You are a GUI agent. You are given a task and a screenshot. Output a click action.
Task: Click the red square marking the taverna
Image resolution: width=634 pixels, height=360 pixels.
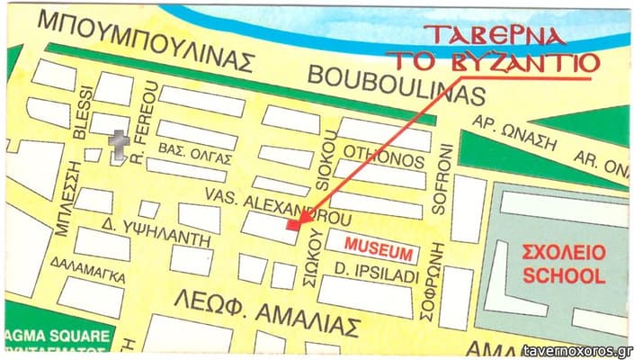click(x=291, y=225)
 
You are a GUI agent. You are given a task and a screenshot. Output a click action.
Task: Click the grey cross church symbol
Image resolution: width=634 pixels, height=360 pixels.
click(x=117, y=145)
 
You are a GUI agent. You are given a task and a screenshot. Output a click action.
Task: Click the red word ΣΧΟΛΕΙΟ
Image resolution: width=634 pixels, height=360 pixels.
click(x=565, y=253)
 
